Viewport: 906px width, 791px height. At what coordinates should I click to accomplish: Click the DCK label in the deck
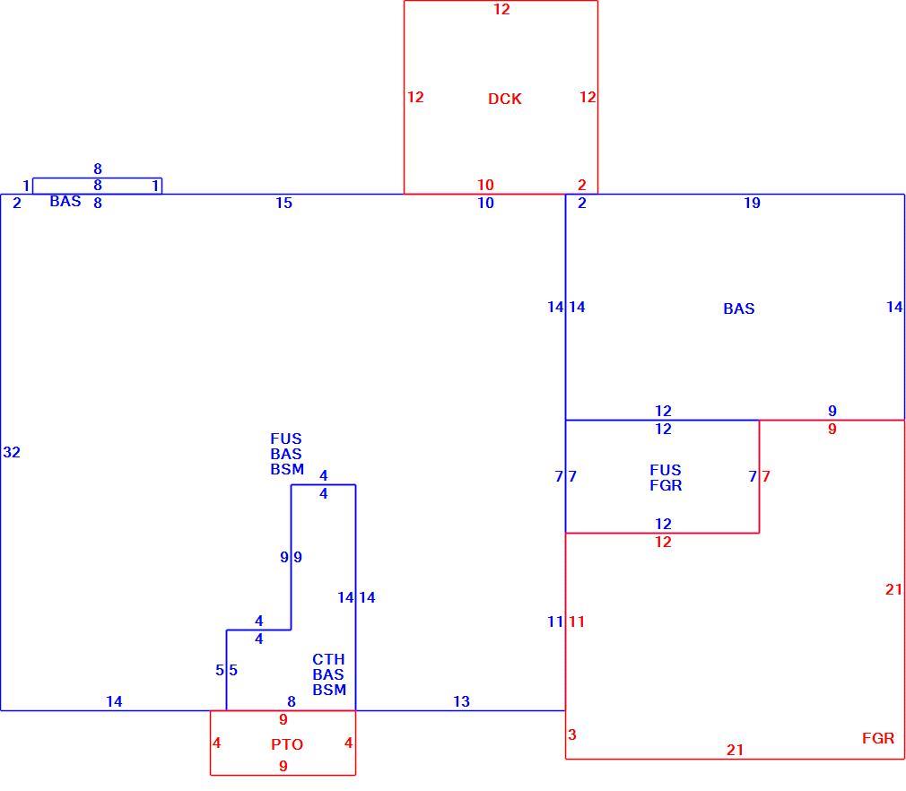click(x=504, y=99)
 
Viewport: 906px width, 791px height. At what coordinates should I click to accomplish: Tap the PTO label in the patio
click(x=287, y=744)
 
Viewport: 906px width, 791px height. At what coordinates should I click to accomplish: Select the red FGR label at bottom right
click(x=877, y=738)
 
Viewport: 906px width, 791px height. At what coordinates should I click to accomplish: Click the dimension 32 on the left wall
click(x=12, y=452)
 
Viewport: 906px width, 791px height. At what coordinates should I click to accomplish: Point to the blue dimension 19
click(x=752, y=203)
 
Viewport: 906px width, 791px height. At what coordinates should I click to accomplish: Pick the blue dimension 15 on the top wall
click(x=283, y=203)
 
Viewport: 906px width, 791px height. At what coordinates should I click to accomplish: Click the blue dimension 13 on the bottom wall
click(x=461, y=701)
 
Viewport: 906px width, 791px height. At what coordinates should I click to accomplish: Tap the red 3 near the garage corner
click(x=572, y=734)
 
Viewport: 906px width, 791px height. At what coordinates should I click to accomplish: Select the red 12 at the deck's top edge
click(x=501, y=9)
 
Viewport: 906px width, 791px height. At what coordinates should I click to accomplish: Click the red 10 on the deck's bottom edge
click(x=485, y=185)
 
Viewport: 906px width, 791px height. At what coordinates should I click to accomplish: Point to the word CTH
click(x=328, y=659)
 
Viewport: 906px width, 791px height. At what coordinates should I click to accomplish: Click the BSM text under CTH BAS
click(x=329, y=690)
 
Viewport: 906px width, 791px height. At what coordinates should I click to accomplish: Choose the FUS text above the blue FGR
click(x=665, y=470)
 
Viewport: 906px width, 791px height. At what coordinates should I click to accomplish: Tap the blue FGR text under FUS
click(x=666, y=485)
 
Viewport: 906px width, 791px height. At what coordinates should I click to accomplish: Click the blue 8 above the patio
click(x=292, y=701)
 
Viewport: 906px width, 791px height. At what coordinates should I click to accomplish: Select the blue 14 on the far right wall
click(x=894, y=307)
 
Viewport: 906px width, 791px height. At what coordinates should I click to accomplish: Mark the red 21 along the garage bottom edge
click(x=735, y=750)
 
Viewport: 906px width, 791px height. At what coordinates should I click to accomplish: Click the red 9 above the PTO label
click(x=283, y=719)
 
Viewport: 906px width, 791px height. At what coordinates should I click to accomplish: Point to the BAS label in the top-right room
click(x=739, y=309)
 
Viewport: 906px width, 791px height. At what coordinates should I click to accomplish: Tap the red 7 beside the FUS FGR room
click(x=766, y=477)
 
